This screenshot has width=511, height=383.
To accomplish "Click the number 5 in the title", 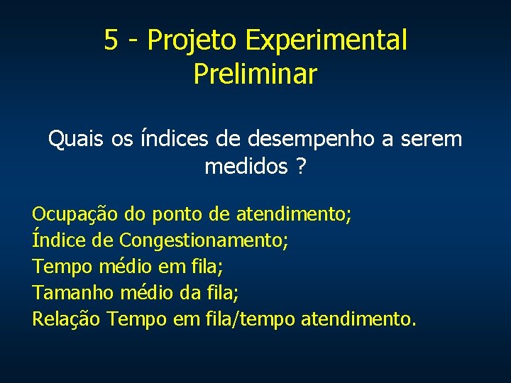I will point(111,40).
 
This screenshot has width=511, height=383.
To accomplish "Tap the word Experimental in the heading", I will point(326,40).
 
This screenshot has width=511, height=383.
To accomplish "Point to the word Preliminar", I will point(255,74).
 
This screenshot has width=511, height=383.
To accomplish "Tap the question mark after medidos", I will point(302,167).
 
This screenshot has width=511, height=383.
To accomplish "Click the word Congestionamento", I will point(204,240).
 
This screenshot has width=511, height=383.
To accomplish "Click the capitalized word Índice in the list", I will point(59,240).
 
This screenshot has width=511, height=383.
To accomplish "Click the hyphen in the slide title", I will point(132,41).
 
